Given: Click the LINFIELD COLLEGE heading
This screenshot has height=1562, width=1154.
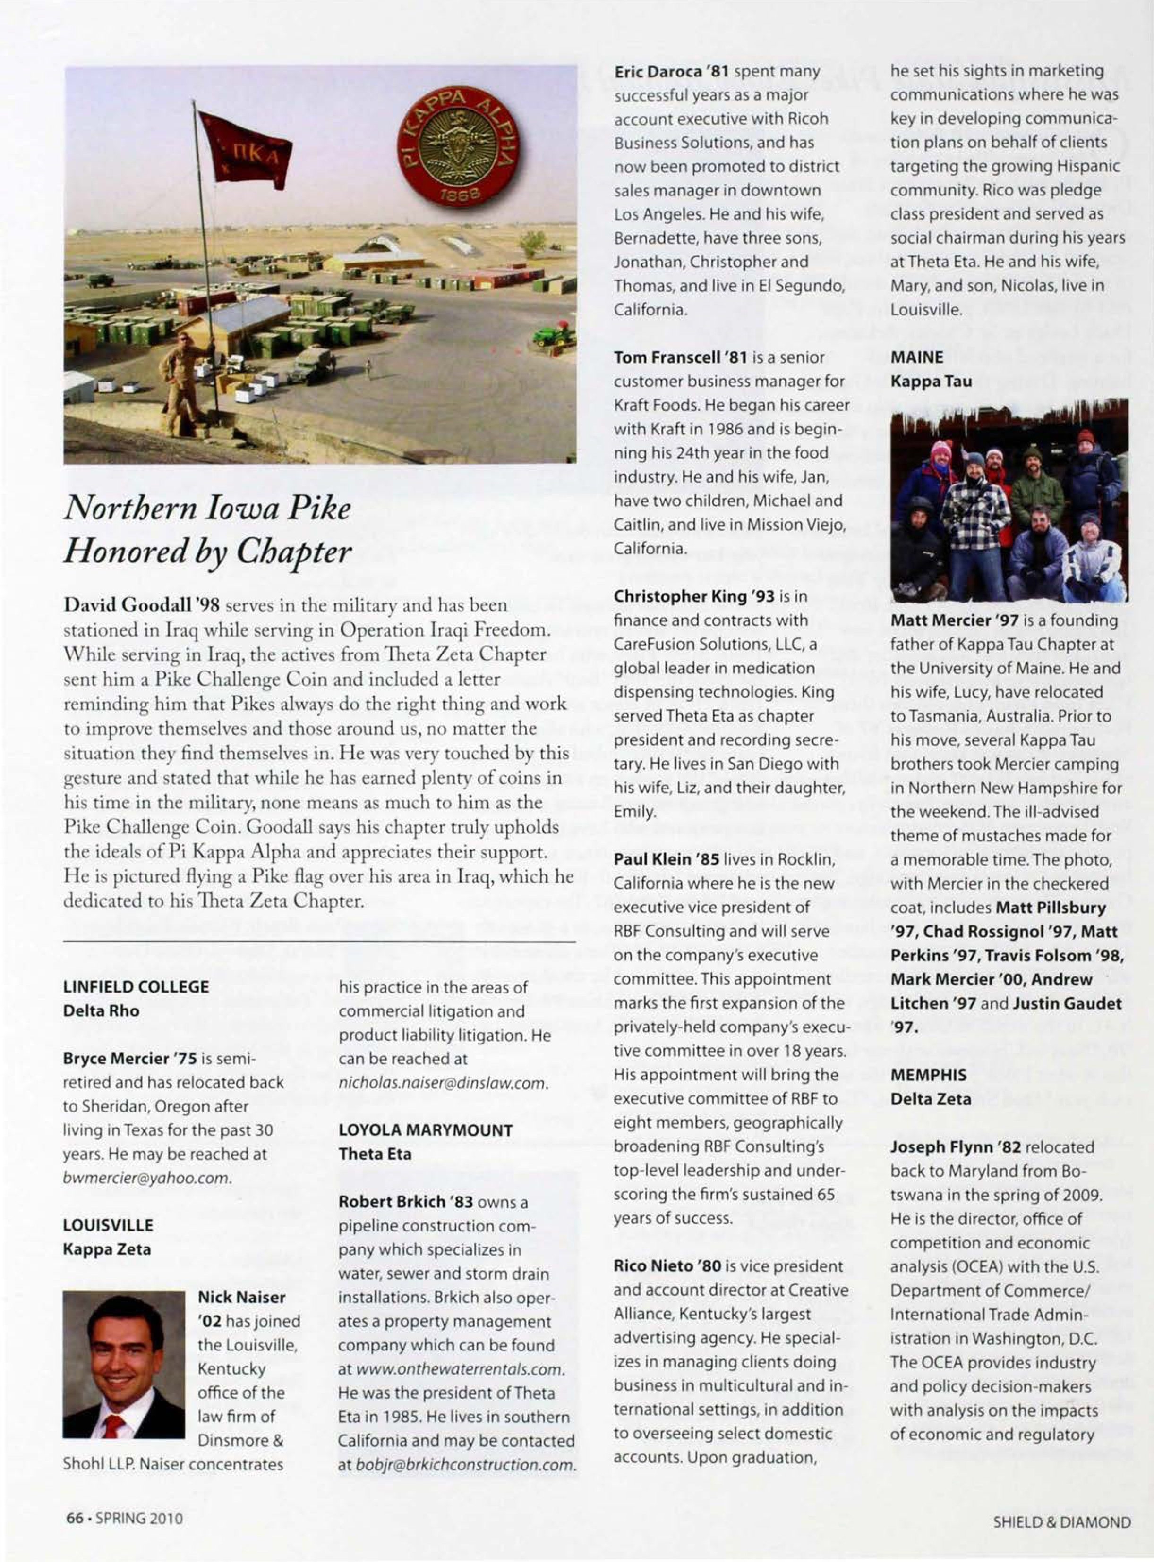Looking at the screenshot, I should [x=136, y=986].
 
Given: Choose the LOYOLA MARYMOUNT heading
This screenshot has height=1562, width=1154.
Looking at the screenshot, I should [x=426, y=1130].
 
